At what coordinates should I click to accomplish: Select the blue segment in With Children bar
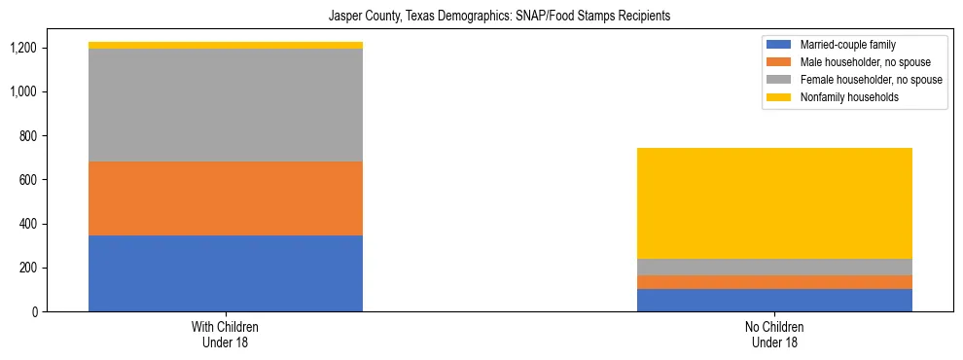point(226,273)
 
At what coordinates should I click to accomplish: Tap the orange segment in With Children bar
point(226,198)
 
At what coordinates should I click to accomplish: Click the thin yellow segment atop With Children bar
point(226,45)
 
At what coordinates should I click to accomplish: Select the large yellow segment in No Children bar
point(774,203)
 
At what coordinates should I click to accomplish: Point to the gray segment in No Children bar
point(774,268)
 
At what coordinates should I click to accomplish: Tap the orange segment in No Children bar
point(774,282)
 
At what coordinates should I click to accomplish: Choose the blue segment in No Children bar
point(774,301)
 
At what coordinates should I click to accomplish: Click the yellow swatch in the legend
point(779,97)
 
